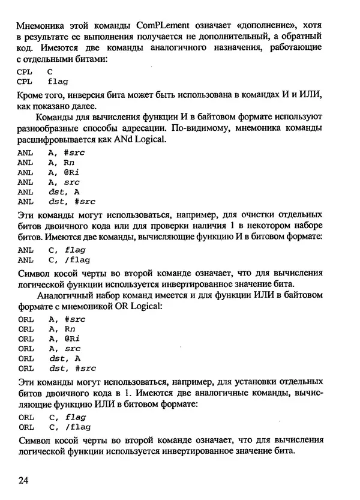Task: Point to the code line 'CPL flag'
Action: pos(43,81)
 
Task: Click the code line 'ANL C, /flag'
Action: pos(53,259)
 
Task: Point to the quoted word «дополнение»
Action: pos(264,26)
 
